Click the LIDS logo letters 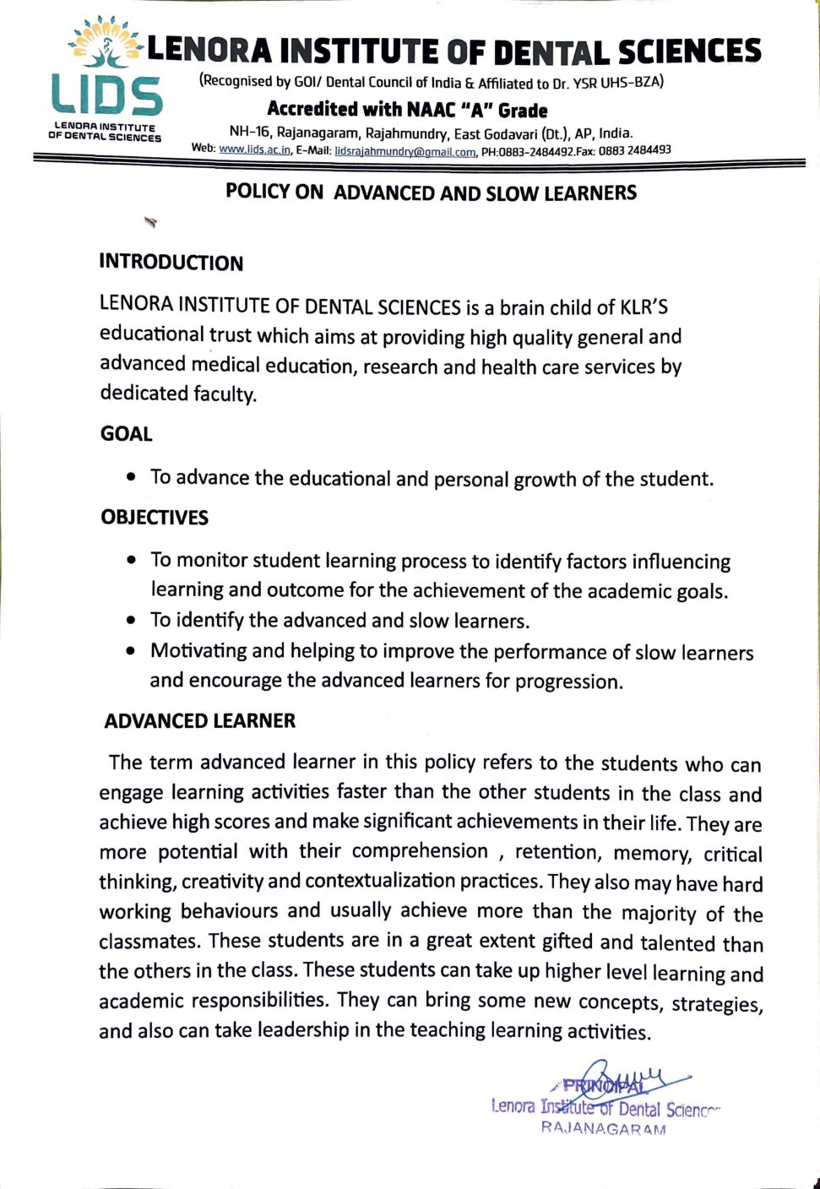[106, 95]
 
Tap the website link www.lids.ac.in [254, 150]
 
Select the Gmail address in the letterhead [405, 152]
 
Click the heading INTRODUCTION [171, 263]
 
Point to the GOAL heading [127, 434]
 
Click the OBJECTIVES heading [155, 518]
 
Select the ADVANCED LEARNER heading [200, 721]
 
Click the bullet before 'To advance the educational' [131, 477]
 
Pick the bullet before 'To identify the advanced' [131, 621]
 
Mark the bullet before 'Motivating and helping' [131, 651]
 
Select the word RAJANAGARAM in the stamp [603, 1129]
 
